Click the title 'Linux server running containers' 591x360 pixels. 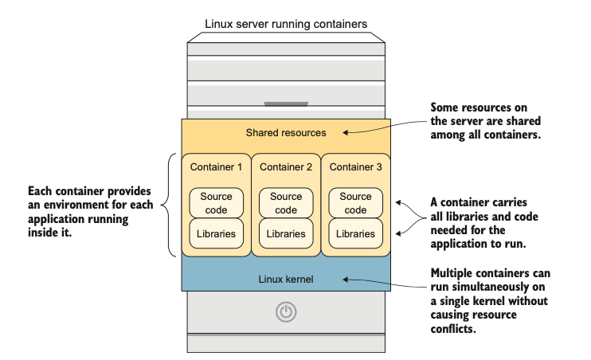coord(286,24)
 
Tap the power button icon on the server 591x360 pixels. coord(286,312)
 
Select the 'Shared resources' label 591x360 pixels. coord(286,132)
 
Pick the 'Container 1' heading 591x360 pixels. coord(217,167)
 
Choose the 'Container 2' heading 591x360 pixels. coord(286,167)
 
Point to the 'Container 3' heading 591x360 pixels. coord(355,167)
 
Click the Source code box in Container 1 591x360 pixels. coord(217,203)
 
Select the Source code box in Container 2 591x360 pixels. coord(286,203)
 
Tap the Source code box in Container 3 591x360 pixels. coord(355,203)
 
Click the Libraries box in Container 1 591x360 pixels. coord(217,234)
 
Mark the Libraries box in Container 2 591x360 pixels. coord(286,234)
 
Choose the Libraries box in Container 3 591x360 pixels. coord(355,234)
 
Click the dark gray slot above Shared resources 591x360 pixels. coord(286,104)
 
